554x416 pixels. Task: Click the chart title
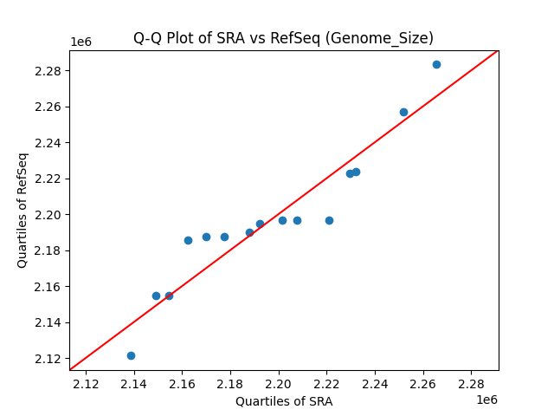point(283,38)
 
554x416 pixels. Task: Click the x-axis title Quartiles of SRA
point(283,401)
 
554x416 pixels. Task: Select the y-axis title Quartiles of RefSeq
point(23,210)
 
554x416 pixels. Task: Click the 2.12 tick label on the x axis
point(86,383)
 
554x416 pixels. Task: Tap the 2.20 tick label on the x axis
point(279,383)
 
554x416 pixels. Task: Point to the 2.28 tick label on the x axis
point(471,383)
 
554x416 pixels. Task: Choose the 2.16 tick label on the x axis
point(182,383)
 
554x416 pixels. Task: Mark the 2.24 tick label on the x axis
point(375,383)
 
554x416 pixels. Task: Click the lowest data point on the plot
point(131,355)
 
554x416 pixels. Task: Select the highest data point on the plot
point(436,64)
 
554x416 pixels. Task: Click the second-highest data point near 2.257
point(403,112)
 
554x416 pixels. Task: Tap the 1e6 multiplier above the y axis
point(81,42)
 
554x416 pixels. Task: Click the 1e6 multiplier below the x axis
point(486,400)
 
